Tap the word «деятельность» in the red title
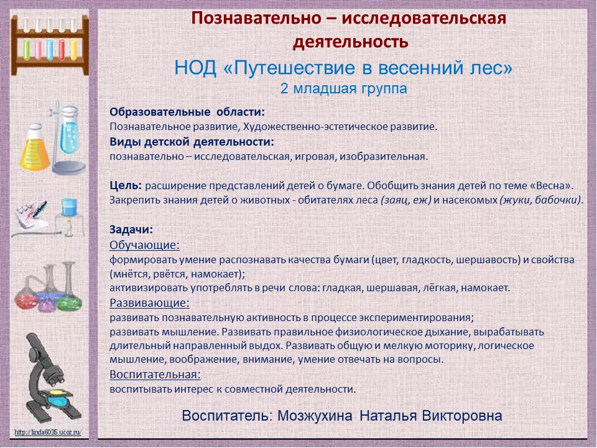coord(351,42)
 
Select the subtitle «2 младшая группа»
coord(343,88)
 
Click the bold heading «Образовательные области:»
coord(187,112)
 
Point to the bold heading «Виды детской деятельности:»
coord(192,142)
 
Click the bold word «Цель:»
coord(126,185)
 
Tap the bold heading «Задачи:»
coord(131,230)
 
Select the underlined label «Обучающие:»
coord(144,245)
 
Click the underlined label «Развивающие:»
coord(149,303)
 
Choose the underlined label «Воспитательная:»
coord(155,375)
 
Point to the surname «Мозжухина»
coord(315,416)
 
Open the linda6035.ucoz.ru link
coord(48,432)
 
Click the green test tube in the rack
coord(27,50)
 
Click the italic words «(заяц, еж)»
coord(405,200)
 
